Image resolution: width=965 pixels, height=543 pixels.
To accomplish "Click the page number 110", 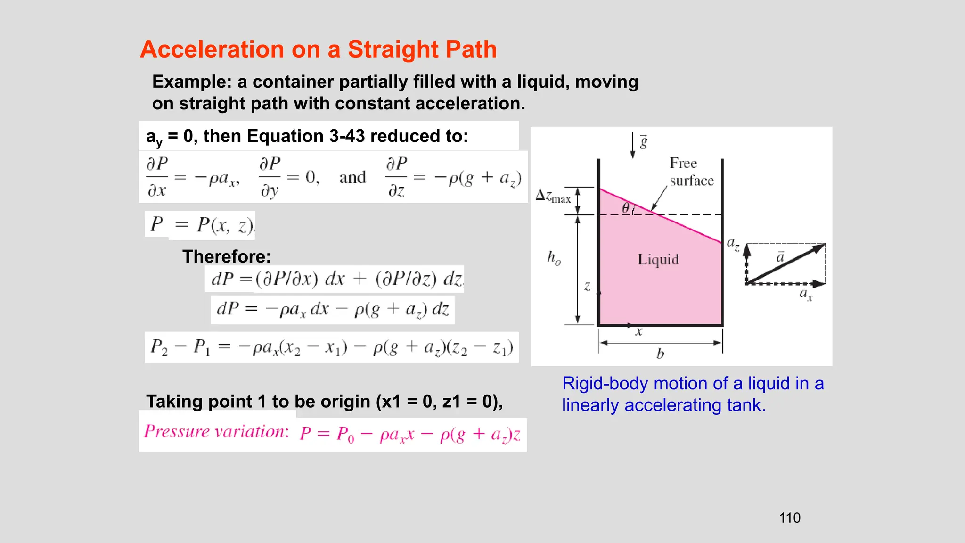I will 790,518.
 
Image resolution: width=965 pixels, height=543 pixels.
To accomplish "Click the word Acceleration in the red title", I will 212,49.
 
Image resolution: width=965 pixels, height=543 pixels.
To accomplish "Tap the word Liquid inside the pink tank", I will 658,259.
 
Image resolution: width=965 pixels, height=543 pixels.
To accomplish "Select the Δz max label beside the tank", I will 553,196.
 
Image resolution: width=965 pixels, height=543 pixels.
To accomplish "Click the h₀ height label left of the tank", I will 554,258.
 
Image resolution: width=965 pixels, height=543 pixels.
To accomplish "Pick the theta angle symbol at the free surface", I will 626,208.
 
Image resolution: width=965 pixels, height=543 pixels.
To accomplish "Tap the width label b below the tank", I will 660,354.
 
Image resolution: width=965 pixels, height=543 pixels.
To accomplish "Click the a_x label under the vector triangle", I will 806,295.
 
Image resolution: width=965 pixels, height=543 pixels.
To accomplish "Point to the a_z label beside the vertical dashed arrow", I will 733,244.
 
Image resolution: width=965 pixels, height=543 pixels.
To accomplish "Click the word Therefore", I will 227,256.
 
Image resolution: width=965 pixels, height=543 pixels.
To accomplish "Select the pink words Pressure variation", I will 216,431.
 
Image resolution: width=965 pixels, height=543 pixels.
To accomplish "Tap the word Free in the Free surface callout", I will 683,163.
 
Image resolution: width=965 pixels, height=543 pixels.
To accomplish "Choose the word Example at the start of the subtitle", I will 192,82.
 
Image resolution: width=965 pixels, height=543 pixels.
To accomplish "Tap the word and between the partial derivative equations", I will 352,178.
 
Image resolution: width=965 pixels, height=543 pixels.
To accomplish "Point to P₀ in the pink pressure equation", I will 345,434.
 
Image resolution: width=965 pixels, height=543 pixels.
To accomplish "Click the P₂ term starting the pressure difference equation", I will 159,347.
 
